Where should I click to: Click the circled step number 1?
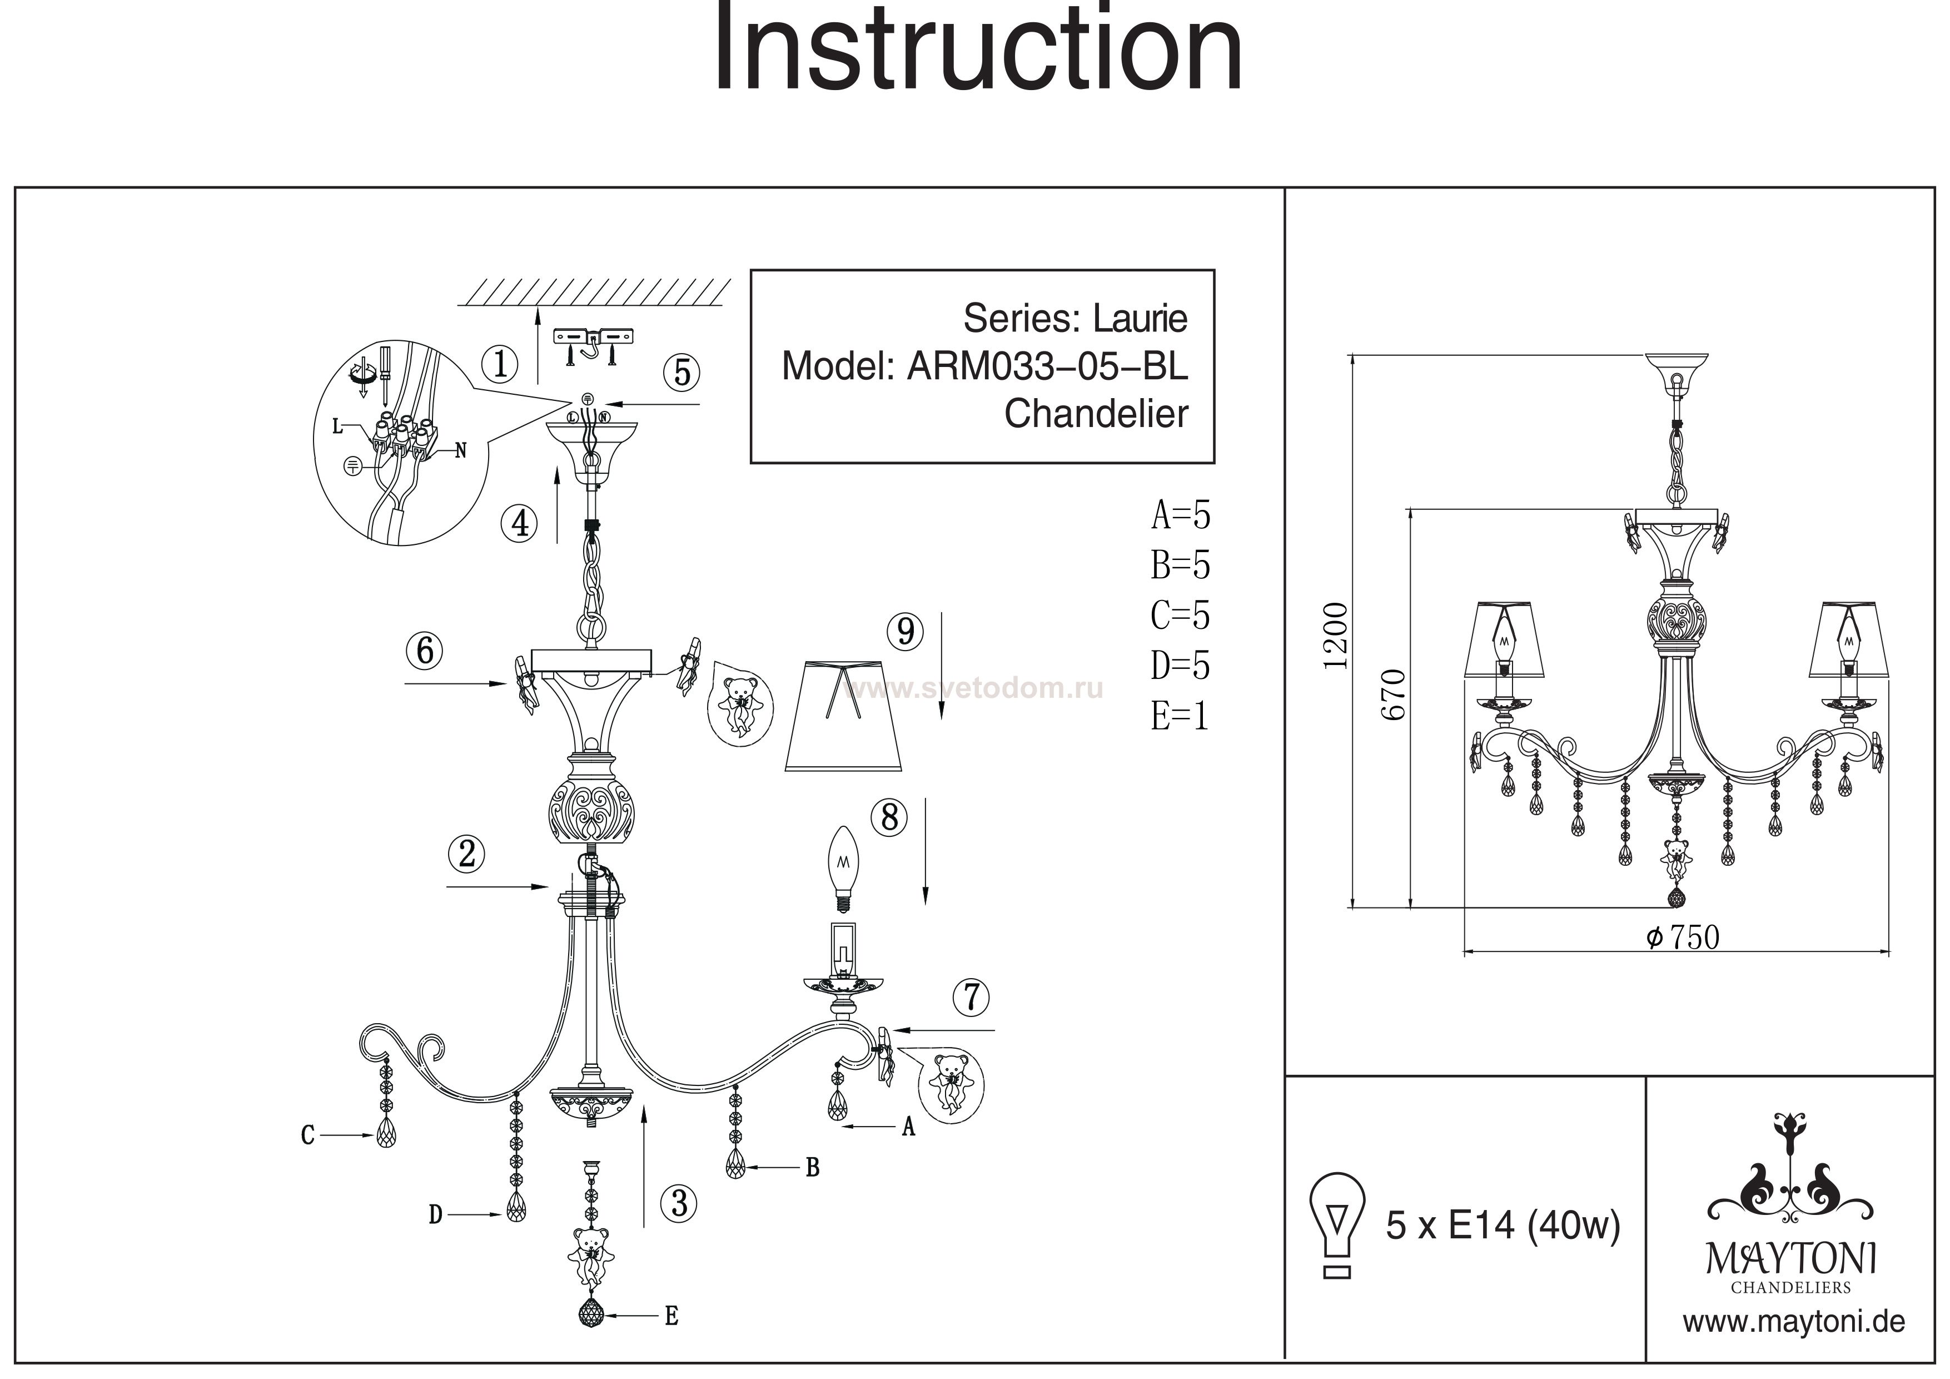(x=500, y=365)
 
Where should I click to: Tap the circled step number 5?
(x=682, y=372)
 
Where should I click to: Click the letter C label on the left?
(x=307, y=1135)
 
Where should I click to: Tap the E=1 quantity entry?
(x=1180, y=716)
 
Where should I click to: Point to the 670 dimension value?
(x=1393, y=695)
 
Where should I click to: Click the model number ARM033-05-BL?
(x=1048, y=366)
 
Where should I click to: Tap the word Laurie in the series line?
(x=1140, y=319)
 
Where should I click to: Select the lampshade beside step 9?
(x=843, y=716)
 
